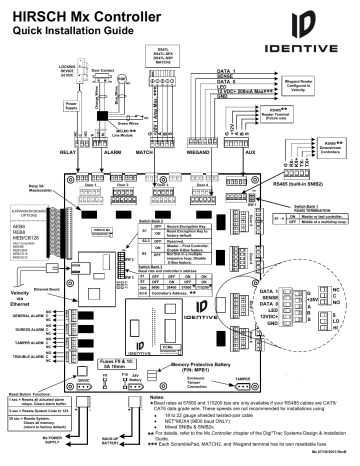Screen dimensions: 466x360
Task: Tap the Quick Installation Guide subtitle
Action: [62, 27]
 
